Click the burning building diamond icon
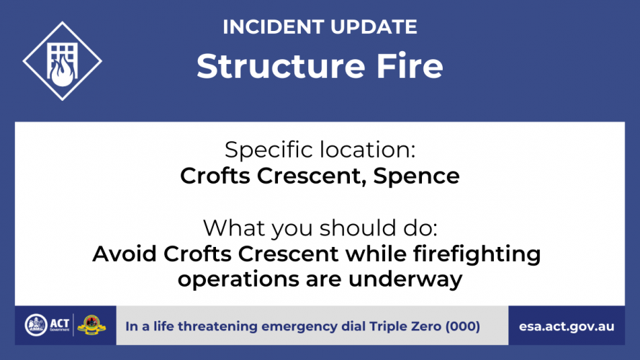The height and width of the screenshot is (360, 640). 63,61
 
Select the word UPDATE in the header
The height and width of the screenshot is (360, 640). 374,27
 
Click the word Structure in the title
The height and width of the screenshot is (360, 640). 281,66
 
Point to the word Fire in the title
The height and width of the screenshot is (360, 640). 410,66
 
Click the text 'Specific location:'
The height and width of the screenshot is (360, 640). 320,149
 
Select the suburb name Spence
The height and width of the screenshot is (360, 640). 416,176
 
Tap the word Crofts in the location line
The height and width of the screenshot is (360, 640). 215,176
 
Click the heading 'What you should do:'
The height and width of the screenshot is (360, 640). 320,228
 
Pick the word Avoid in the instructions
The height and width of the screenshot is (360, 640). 125,254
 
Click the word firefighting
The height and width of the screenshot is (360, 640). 477,255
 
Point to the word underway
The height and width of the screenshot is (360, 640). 405,280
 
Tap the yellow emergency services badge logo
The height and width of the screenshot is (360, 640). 91,325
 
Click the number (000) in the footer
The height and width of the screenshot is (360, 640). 462,326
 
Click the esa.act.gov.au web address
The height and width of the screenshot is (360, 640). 567,327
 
